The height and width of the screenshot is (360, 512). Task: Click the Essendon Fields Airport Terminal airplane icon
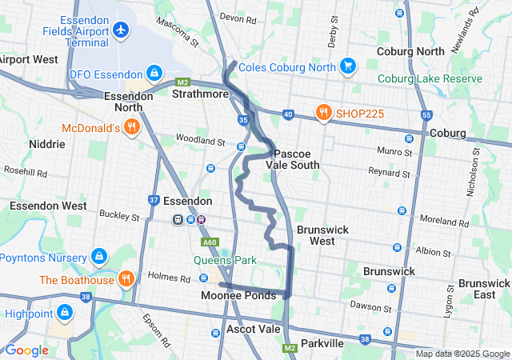click(121, 30)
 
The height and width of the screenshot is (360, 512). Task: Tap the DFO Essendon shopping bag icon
click(153, 74)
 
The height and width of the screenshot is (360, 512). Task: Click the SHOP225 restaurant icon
click(324, 113)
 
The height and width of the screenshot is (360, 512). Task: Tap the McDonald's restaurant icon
click(131, 127)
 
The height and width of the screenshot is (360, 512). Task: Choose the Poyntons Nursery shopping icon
click(99, 258)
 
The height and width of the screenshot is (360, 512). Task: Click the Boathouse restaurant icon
click(126, 279)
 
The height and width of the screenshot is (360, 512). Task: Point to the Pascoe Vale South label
click(297, 159)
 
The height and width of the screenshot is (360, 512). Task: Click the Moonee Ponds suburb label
click(238, 295)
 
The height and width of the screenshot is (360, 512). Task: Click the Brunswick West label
click(322, 234)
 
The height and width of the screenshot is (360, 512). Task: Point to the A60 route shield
click(210, 242)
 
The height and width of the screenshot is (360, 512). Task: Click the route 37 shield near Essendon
click(154, 199)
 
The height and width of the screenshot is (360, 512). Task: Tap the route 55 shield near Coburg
click(426, 114)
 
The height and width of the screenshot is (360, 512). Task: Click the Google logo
click(27, 350)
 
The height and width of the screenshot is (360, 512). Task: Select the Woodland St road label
click(201, 141)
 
